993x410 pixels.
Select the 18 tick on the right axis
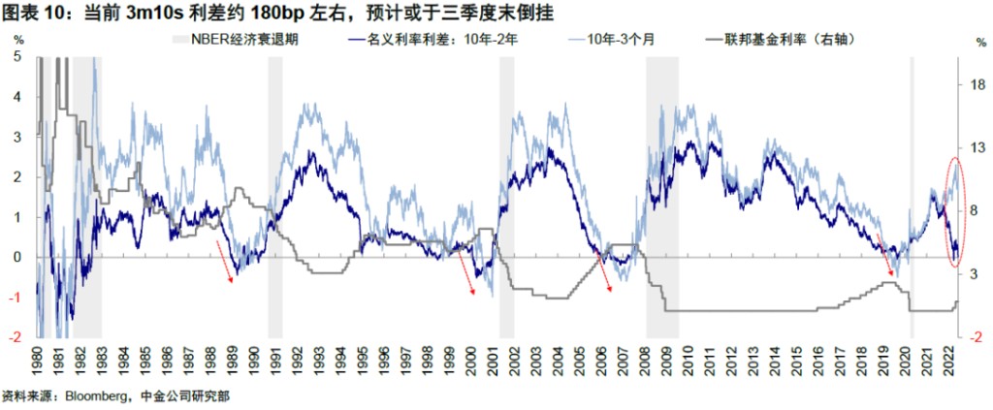pyautogui.click(x=976, y=85)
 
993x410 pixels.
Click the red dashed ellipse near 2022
pyautogui.click(x=953, y=211)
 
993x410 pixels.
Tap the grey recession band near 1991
pyautogui.click(x=275, y=194)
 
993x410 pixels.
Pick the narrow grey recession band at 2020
pyautogui.click(x=912, y=194)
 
